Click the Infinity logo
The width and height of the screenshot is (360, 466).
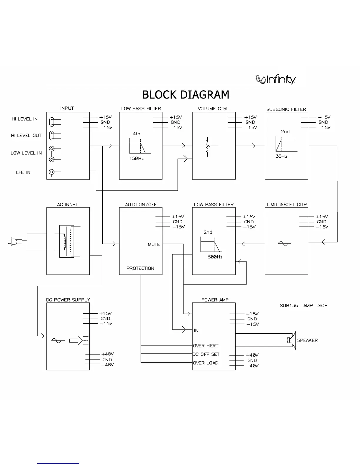click(x=276, y=79)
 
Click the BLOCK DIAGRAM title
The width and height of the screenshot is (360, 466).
click(x=186, y=95)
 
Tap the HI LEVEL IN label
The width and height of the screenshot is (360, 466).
click(x=25, y=119)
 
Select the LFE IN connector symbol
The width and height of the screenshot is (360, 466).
click(x=52, y=172)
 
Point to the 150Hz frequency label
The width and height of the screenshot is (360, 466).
click(x=136, y=159)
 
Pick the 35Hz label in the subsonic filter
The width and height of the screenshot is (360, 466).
click(x=281, y=157)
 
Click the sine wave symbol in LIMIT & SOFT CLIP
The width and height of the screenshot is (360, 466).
click(x=284, y=243)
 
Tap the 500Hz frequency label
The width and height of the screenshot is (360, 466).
click(x=215, y=257)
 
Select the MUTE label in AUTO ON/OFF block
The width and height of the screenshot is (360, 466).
click(x=154, y=244)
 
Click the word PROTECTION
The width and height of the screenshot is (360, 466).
click(x=140, y=268)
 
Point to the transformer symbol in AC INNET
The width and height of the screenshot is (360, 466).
click(x=67, y=241)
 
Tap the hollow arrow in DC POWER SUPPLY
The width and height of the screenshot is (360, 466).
click(x=76, y=341)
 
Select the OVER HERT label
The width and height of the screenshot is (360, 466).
click(x=206, y=346)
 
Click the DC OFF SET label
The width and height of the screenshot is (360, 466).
click(x=206, y=354)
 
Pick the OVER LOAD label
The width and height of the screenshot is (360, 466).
click(x=206, y=363)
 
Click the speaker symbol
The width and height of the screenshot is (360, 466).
click(x=291, y=340)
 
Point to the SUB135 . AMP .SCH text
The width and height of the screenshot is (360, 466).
click(x=304, y=306)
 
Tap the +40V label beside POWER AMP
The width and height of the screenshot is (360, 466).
click(x=252, y=355)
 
